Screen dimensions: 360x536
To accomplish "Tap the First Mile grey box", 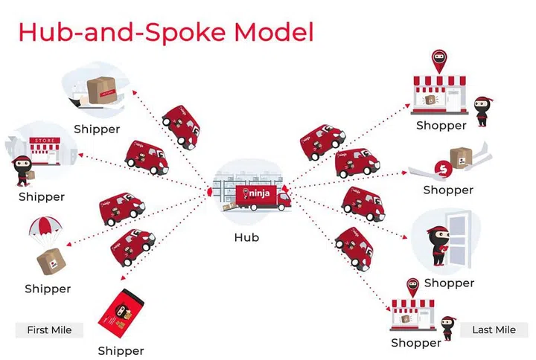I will pos(49,330).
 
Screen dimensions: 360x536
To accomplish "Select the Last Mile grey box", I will pos(494,330).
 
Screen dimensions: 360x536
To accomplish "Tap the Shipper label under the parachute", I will pos(48,289).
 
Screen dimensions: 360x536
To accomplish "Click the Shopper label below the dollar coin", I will pos(448,190).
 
